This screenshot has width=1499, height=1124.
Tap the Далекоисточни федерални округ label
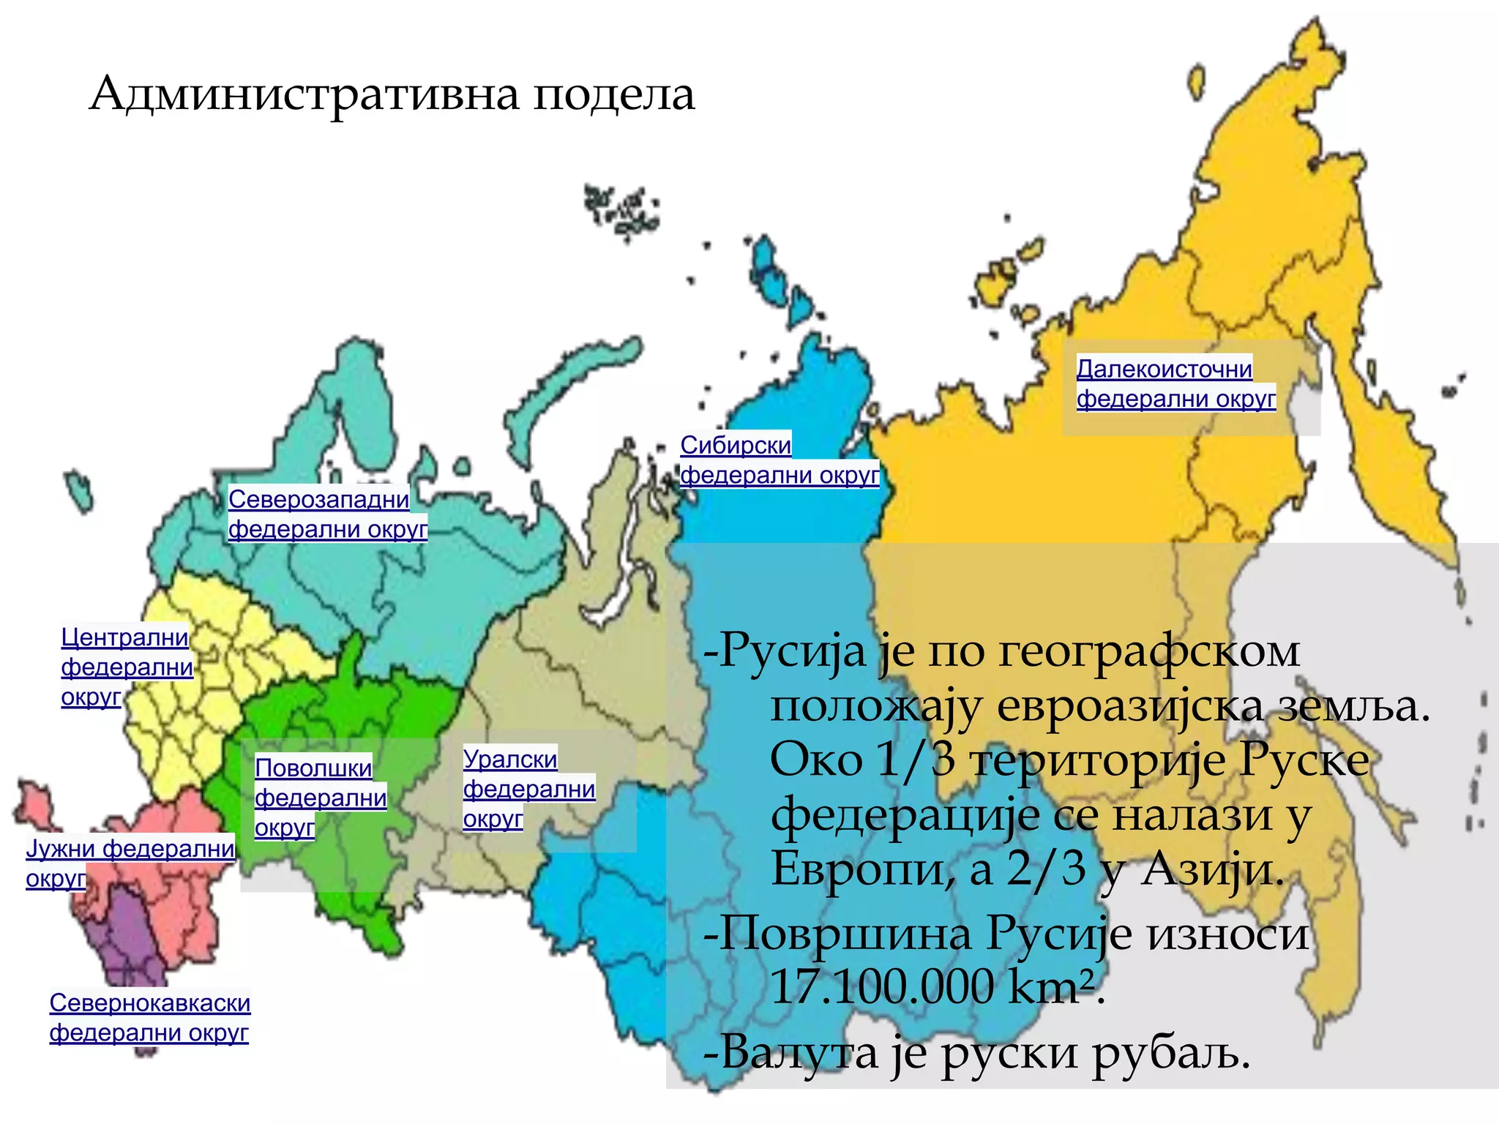tap(1175, 383)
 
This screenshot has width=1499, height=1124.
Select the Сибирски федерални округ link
tap(779, 460)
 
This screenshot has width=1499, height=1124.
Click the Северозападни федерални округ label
tap(327, 514)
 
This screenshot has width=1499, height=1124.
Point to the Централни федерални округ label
tap(126, 667)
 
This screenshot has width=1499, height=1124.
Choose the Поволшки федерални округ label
tap(320, 797)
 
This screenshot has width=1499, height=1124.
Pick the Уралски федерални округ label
tap(528, 788)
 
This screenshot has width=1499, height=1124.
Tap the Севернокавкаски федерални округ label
tap(149, 1017)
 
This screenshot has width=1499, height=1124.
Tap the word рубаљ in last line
tap(1171, 1054)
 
